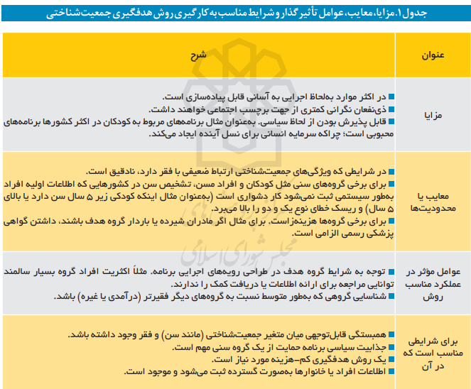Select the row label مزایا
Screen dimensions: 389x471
[433, 114]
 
